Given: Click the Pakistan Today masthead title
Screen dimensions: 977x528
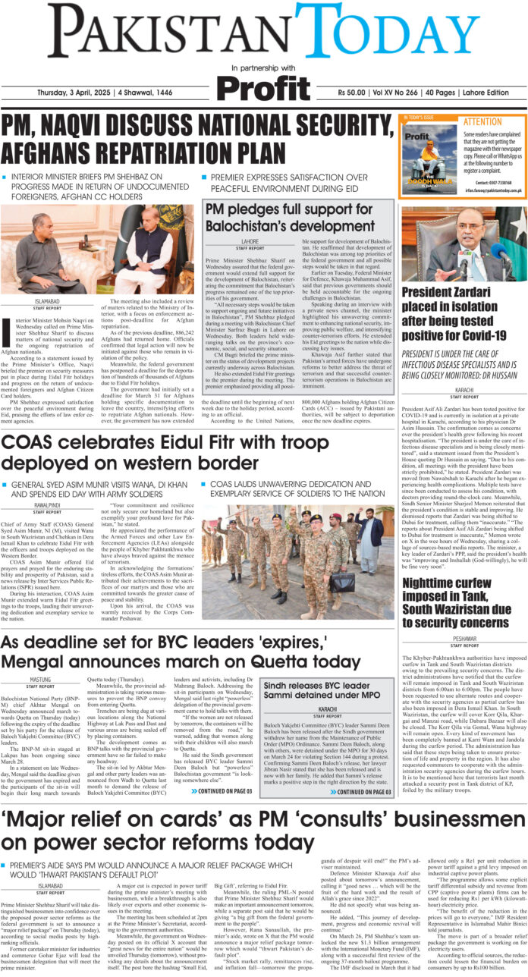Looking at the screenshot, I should click(264, 33).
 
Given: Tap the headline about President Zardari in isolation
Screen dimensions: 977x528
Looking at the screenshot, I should click(464, 313).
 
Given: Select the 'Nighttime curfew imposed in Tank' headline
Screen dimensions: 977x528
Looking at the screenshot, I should click(464, 580).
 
